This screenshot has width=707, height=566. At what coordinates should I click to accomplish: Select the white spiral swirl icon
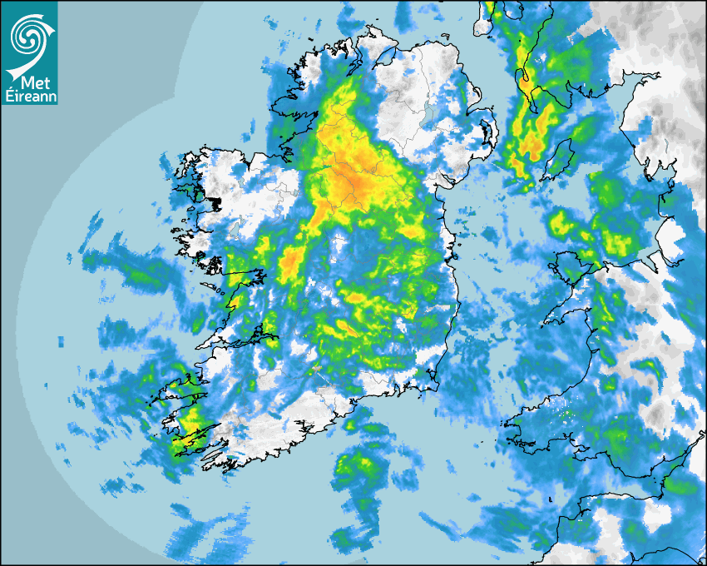click(x=28, y=35)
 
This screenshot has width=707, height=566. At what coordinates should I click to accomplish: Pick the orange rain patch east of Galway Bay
click(x=291, y=262)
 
